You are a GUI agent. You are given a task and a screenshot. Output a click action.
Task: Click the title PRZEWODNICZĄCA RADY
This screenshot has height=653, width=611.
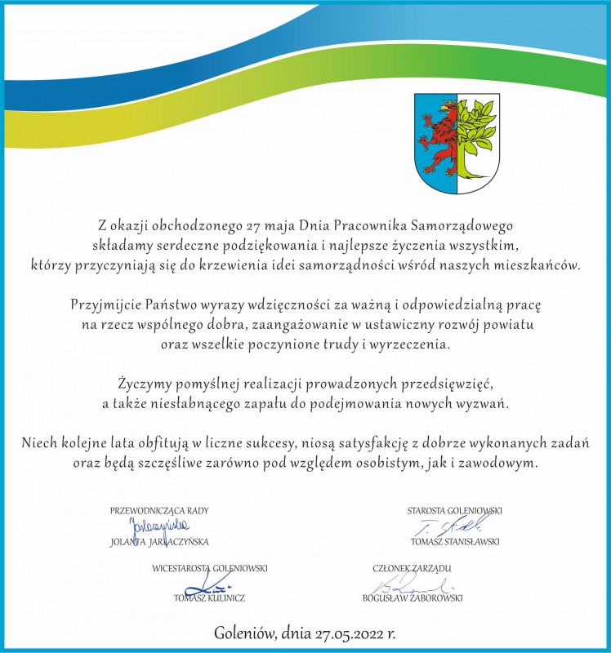pos(159,511)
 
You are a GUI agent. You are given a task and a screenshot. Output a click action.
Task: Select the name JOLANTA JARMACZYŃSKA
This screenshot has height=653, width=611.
pos(159,541)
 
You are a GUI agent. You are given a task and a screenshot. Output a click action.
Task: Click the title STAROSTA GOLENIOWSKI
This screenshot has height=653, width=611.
pos(454,511)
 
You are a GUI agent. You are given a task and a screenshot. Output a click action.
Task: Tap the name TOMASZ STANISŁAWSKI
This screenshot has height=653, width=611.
pos(455,541)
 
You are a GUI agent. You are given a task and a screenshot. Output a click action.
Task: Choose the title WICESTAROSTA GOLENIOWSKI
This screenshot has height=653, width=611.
pos(210,567)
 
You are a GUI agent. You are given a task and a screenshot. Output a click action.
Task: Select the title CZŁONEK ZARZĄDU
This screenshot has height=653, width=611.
pos(412,567)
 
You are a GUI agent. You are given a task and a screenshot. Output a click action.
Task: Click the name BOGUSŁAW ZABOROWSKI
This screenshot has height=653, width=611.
pos(413,597)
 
